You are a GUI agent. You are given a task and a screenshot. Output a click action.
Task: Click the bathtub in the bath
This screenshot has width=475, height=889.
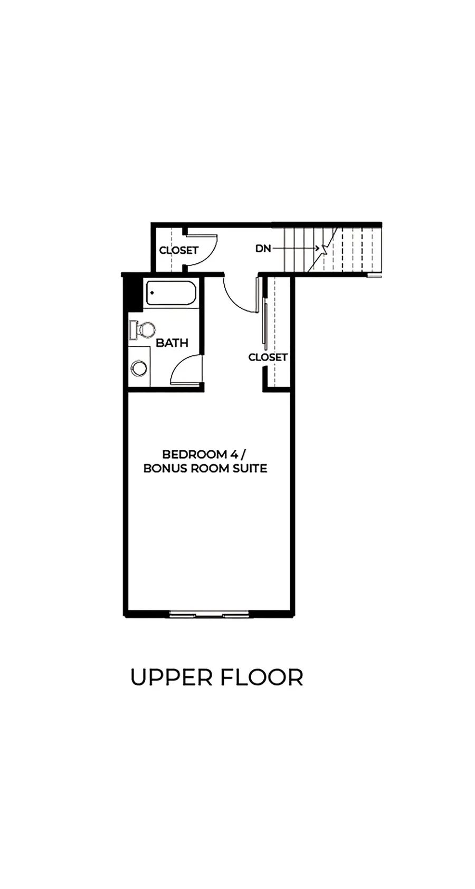(x=171, y=293)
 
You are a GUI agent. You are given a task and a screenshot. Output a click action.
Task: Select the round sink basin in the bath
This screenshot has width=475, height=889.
(x=139, y=368)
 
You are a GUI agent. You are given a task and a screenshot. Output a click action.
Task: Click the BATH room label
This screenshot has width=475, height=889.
(x=172, y=343)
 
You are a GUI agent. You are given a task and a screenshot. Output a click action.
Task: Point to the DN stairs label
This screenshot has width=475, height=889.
(x=263, y=248)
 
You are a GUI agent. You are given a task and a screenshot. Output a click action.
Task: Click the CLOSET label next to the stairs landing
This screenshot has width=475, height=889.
(x=178, y=250)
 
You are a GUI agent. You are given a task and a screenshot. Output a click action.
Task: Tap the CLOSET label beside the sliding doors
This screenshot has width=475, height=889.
(x=268, y=357)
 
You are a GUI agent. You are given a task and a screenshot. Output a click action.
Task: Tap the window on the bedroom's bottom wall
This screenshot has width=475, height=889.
(x=209, y=614)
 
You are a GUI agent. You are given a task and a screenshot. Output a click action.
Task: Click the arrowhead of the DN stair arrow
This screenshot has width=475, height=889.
(x=318, y=248)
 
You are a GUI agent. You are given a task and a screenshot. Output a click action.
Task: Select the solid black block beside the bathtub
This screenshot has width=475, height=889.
(x=133, y=294)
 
